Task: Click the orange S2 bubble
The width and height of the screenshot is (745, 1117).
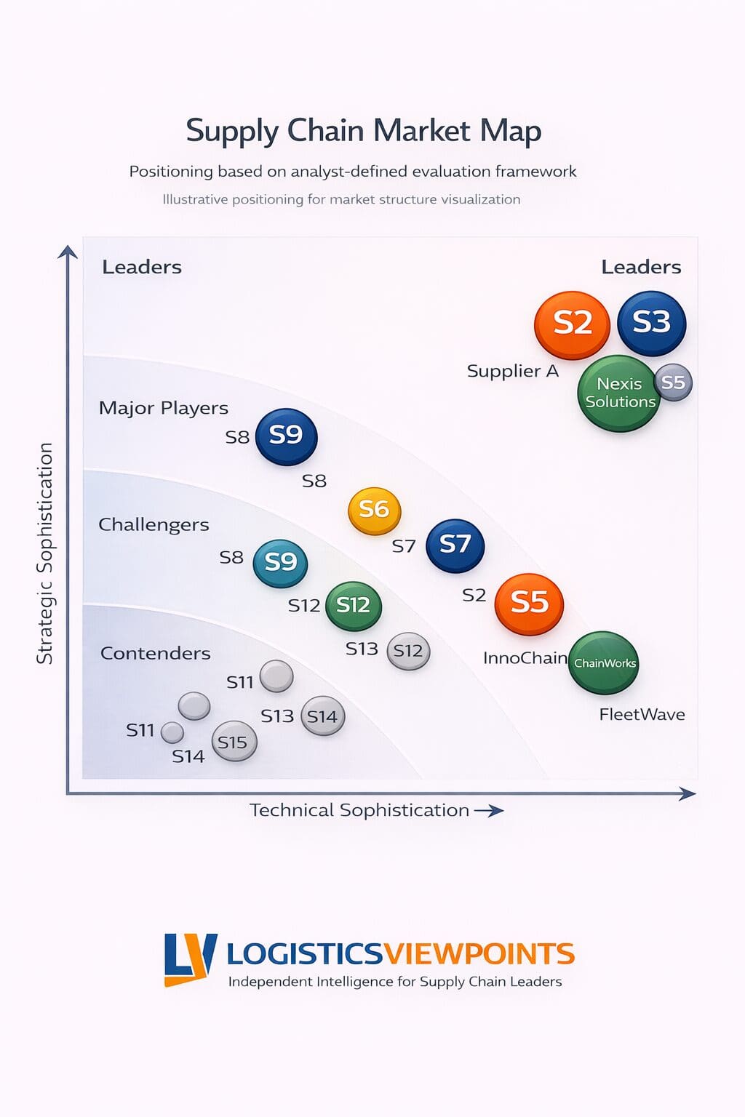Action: point(572,324)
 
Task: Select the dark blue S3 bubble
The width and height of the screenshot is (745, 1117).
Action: point(651,323)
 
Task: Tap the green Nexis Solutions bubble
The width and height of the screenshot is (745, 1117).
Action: point(618,393)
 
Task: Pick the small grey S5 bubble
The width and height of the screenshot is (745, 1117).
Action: point(673,383)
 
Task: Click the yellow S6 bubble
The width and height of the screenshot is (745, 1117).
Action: point(374,511)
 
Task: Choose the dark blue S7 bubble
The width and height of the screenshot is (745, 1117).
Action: point(455,545)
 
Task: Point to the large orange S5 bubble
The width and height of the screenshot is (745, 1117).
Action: point(529,604)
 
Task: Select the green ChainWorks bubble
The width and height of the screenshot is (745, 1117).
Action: point(603,663)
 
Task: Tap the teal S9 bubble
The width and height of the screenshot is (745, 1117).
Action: point(280,563)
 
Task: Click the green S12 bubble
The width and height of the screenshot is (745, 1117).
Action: point(353,606)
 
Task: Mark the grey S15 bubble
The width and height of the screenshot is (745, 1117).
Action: point(233,742)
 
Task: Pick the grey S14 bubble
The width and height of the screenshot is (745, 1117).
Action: point(322,716)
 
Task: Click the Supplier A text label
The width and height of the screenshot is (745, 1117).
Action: point(512,371)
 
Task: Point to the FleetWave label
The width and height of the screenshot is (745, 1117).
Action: point(642,715)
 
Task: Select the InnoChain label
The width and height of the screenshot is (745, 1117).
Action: point(525,658)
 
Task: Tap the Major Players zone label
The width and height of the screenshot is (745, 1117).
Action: point(163,408)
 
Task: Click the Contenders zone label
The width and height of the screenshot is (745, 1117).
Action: point(155,653)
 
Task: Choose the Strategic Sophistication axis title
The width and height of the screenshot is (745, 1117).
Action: point(45,553)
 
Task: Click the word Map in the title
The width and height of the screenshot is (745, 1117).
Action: point(510,132)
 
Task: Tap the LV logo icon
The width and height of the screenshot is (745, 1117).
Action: point(190,959)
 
